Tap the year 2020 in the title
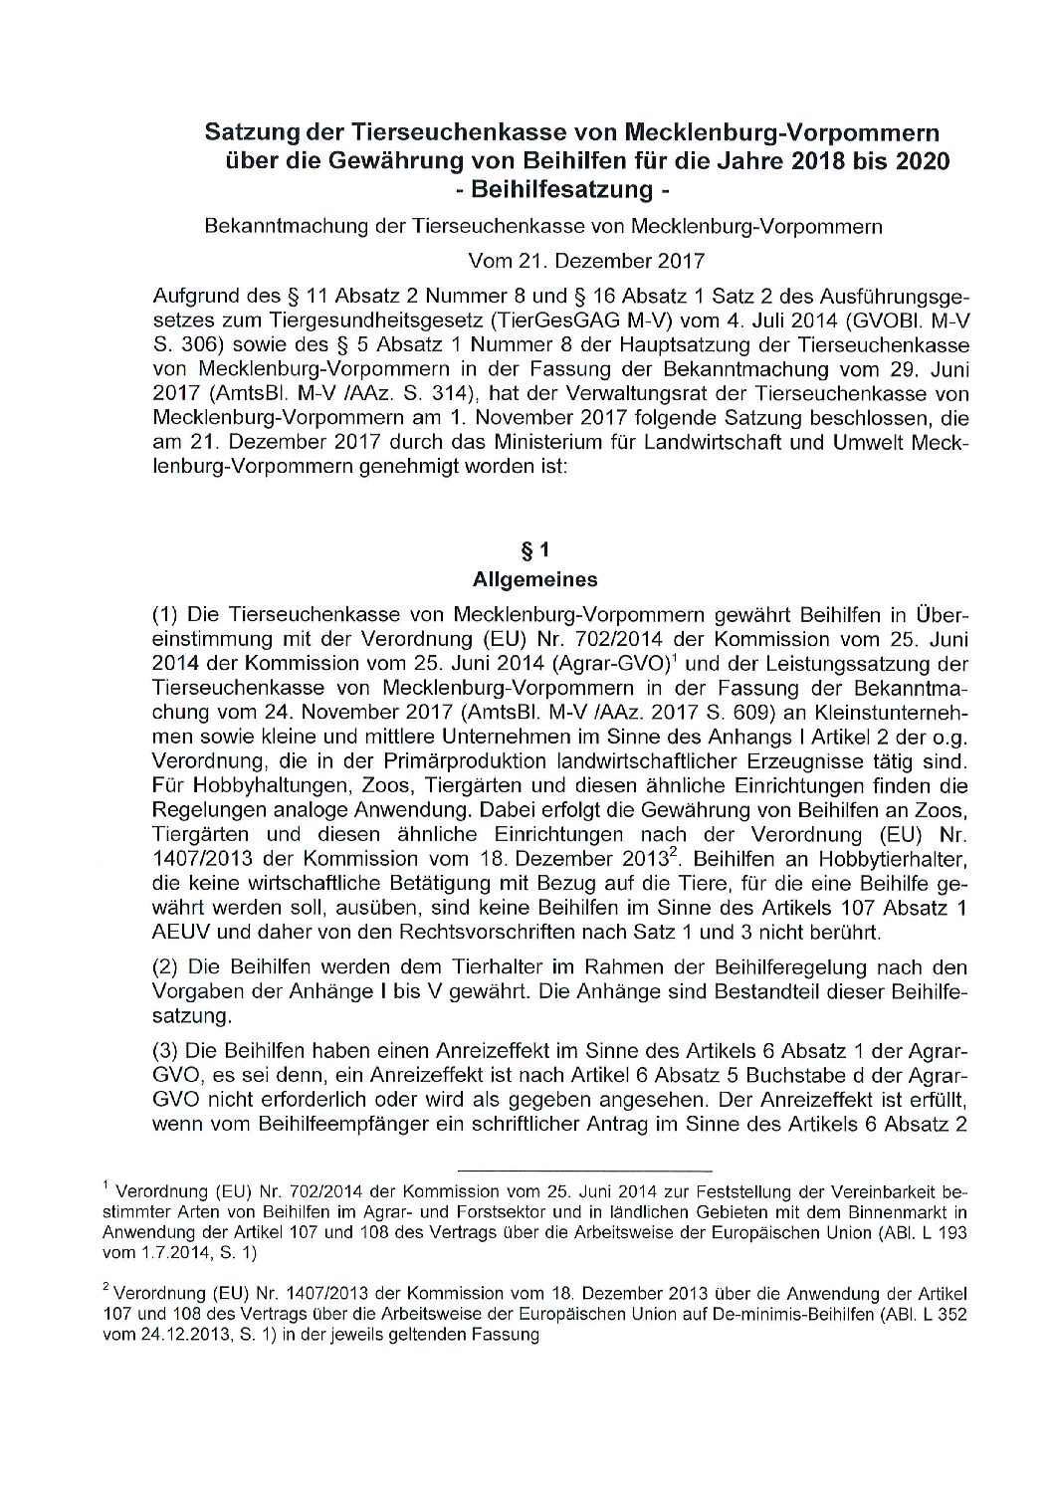[x=918, y=160]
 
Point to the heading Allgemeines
[x=563, y=577]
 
